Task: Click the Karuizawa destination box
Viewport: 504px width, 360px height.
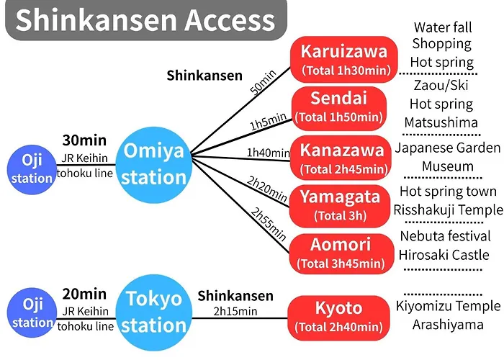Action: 343,60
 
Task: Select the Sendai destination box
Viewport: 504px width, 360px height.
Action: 339,108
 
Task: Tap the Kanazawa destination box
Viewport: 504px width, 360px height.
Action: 342,158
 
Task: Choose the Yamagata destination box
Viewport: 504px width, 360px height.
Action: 339,206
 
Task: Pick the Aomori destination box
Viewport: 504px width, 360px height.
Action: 341,254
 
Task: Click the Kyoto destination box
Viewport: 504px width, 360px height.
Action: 338,318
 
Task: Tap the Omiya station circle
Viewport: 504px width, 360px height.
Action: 153,165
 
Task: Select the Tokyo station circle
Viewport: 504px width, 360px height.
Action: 153,312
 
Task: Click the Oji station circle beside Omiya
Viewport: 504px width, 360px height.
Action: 32,169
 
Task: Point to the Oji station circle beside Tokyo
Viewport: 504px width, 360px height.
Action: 32,312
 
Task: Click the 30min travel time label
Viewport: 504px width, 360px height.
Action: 84,140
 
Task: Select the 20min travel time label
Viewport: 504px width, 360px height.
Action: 84,294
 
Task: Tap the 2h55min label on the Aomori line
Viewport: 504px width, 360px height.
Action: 269,224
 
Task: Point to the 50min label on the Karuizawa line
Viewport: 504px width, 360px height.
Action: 264,82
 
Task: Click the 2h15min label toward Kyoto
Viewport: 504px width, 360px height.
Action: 235,311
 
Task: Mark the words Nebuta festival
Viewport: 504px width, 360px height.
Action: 445,236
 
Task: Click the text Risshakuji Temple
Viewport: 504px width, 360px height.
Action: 448,210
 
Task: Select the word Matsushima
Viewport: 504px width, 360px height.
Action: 441,122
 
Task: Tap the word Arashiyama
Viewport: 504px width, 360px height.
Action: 448,325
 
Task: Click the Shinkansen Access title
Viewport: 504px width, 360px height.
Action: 145,19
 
